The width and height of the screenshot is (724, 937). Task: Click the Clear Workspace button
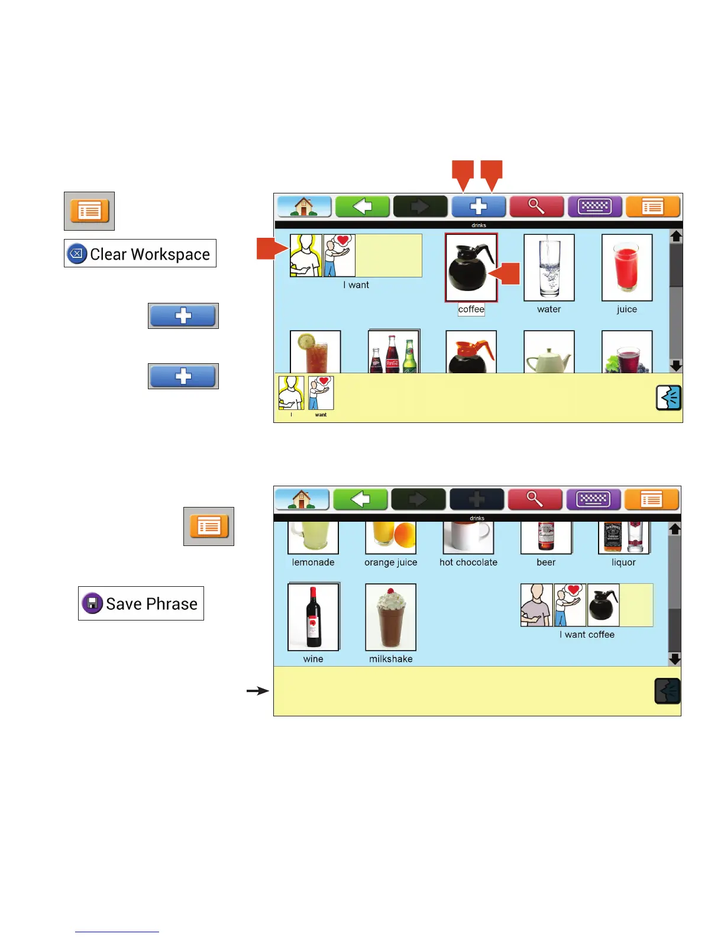click(x=140, y=253)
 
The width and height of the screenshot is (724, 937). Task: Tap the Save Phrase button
click(x=141, y=603)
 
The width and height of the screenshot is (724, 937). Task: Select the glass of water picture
click(x=549, y=268)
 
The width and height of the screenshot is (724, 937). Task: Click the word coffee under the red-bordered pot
click(x=471, y=309)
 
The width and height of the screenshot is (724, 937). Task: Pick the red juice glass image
click(x=626, y=268)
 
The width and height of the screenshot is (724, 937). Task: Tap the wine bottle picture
click(x=313, y=617)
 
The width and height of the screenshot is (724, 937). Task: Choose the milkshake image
click(x=390, y=617)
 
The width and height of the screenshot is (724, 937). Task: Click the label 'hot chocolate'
click(x=468, y=563)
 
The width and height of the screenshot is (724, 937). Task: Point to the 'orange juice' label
click(x=390, y=563)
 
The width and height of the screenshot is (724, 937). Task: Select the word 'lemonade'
click(x=313, y=563)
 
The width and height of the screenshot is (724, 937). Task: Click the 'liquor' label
click(x=623, y=563)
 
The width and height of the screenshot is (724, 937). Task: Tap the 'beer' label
click(x=546, y=563)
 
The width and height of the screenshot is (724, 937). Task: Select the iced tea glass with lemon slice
click(x=315, y=353)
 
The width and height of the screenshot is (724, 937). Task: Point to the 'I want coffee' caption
click(x=587, y=635)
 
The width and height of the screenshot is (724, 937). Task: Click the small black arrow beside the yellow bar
click(x=258, y=690)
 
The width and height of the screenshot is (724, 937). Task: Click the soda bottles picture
click(x=393, y=353)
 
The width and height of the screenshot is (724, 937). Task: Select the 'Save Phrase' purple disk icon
click(x=92, y=603)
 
